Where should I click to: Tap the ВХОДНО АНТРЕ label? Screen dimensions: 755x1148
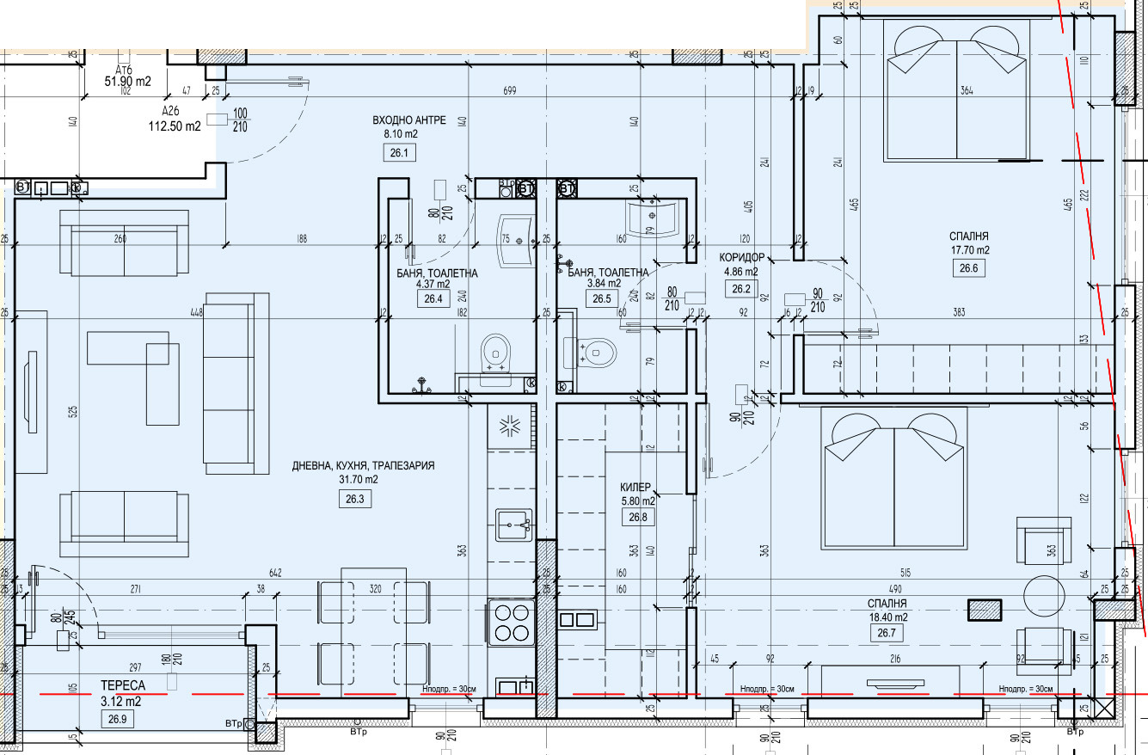408,120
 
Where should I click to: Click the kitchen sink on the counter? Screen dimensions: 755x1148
513,524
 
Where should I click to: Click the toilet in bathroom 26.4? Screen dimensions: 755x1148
494,352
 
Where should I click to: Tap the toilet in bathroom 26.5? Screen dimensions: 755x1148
599,351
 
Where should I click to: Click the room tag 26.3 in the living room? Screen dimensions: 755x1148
355,499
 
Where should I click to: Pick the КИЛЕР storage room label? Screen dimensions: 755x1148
637,486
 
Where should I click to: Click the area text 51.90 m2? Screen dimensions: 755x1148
128,82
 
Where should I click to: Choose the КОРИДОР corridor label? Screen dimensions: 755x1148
741,257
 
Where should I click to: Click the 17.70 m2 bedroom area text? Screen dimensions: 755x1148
969,250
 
